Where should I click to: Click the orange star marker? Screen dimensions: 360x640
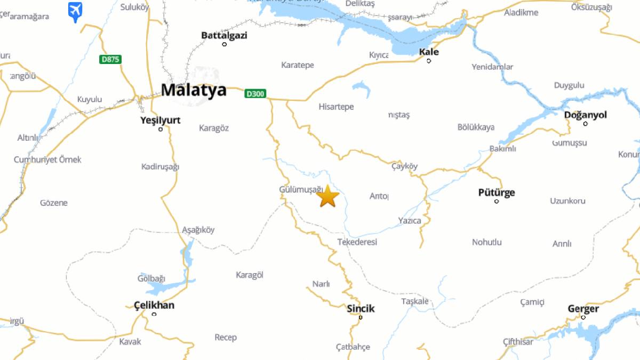point(327,196)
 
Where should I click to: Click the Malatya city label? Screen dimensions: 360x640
point(194,90)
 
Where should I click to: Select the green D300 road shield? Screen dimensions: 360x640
point(255,94)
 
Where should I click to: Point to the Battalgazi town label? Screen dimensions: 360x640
point(224,35)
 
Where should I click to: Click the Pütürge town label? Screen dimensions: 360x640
point(497,192)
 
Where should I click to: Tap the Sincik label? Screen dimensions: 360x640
point(361,308)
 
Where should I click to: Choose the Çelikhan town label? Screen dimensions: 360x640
point(154,305)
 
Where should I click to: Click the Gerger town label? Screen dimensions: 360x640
point(583,308)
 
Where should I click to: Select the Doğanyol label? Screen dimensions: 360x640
point(585,115)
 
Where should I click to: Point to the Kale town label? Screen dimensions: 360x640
point(429,52)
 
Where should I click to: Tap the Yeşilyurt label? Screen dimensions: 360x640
point(160,120)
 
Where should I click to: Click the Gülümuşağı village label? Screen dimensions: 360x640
point(301,189)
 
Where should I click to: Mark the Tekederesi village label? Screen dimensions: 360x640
point(357,242)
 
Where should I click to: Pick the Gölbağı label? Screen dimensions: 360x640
point(151,278)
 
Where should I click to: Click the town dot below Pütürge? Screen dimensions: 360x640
point(497,201)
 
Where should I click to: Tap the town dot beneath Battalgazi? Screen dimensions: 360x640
point(224,44)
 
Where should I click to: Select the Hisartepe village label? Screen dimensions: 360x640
point(336,107)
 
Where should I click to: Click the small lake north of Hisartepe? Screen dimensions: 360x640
point(362,87)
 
